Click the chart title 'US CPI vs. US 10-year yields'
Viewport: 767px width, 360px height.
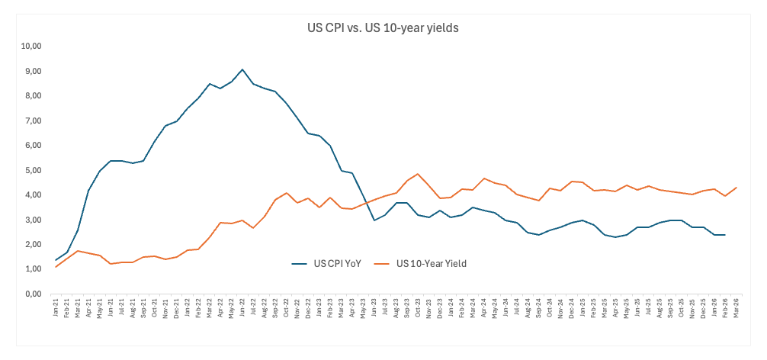pyautogui.click(x=382, y=27)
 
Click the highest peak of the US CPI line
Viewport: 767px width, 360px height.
pyautogui.click(x=242, y=69)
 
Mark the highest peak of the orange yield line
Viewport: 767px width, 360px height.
pyautogui.click(x=418, y=174)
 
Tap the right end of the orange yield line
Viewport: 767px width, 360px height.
pyautogui.click(x=735, y=188)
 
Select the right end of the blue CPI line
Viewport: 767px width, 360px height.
pyautogui.click(x=724, y=235)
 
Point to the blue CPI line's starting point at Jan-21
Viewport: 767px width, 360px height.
pyautogui.click(x=56, y=260)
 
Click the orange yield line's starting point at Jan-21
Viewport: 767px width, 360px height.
pyautogui.click(x=56, y=266)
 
